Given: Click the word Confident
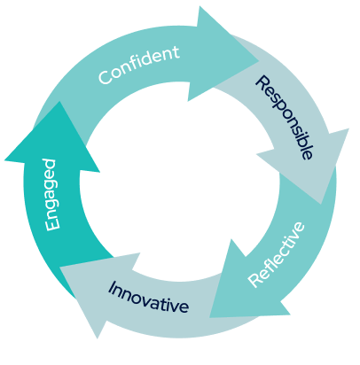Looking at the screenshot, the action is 139,65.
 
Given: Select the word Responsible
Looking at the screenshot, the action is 284,118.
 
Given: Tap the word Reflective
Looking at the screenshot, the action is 277,254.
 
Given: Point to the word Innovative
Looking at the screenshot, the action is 148,298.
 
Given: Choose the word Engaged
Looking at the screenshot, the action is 51,194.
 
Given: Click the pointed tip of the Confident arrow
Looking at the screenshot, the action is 259,61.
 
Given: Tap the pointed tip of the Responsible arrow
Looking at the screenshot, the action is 321,204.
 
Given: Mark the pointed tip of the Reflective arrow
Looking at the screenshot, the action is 209,317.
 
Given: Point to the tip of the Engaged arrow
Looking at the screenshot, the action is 60,102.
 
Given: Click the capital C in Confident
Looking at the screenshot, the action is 106,77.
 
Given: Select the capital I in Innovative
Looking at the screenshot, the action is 112,288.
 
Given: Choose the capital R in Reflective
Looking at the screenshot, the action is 254,279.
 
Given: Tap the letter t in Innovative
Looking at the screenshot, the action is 168,302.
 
